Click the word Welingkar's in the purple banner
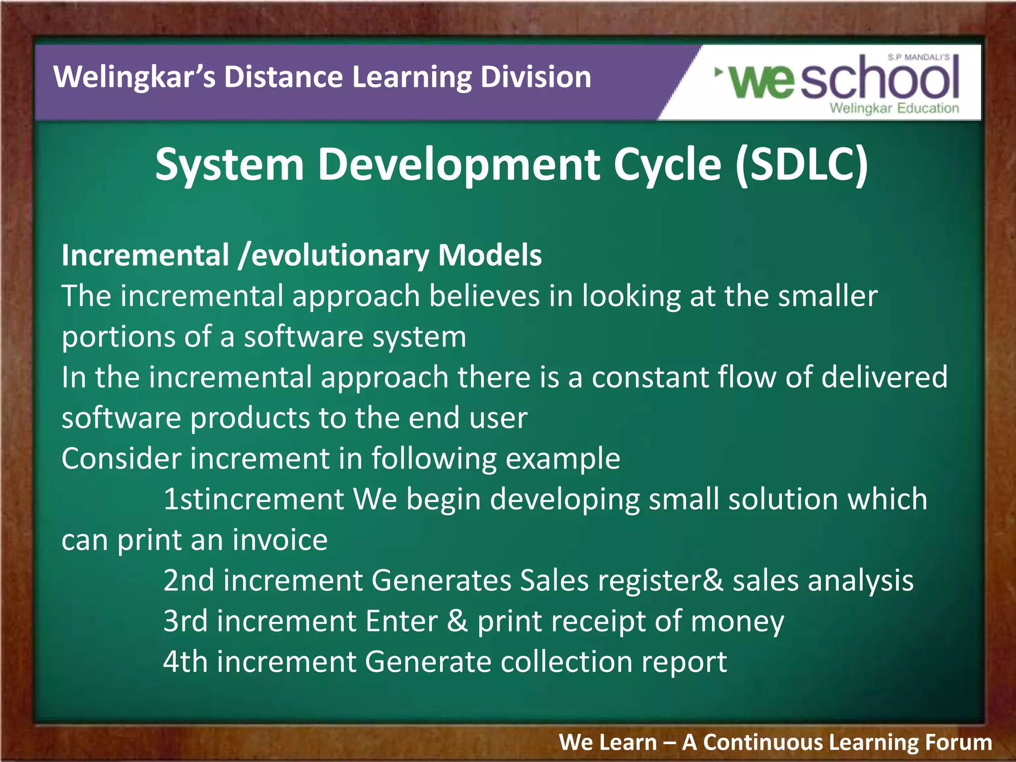click(x=134, y=77)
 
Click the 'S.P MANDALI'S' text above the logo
click(x=918, y=58)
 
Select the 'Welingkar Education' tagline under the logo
click(x=894, y=108)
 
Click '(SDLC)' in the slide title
click(x=802, y=165)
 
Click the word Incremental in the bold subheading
click(x=145, y=255)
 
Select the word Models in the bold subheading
click(x=490, y=255)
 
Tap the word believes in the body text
click(x=484, y=297)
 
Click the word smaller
click(x=827, y=297)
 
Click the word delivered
click(x=884, y=378)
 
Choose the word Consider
click(x=122, y=458)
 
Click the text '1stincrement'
click(x=254, y=500)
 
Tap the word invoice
click(x=280, y=540)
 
